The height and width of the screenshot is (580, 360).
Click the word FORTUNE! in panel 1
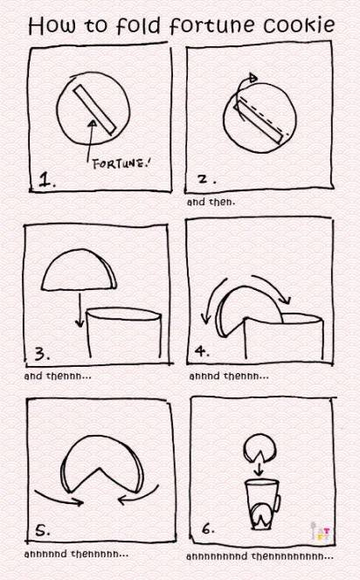click(121, 163)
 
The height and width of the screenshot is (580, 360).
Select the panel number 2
click(205, 179)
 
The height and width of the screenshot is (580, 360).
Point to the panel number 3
click(41, 354)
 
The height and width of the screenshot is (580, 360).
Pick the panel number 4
click(202, 350)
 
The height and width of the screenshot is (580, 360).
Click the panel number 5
click(42, 531)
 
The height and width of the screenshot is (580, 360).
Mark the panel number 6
click(208, 529)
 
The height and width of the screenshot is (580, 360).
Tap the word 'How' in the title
click(53, 25)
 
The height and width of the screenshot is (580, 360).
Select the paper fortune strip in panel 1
click(94, 109)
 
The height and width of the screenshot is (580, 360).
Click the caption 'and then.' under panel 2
click(211, 202)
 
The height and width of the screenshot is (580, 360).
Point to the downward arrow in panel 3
click(80, 310)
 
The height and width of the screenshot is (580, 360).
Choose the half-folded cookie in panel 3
click(80, 270)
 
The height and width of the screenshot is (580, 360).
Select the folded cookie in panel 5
click(102, 465)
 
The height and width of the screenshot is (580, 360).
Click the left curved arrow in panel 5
click(59, 498)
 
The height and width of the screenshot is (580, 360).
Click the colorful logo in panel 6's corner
click(322, 533)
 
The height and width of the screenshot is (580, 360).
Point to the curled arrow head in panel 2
click(253, 78)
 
